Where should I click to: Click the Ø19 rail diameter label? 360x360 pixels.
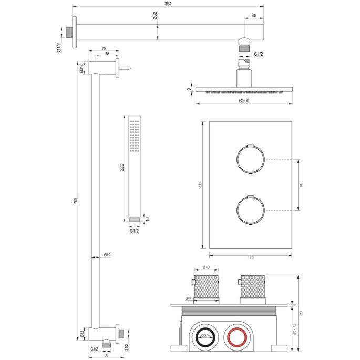tap(107, 255)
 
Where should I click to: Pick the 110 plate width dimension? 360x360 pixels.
tap(250, 258)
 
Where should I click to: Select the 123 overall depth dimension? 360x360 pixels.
tap(301, 313)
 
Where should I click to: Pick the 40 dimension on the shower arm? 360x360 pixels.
tap(254, 16)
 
